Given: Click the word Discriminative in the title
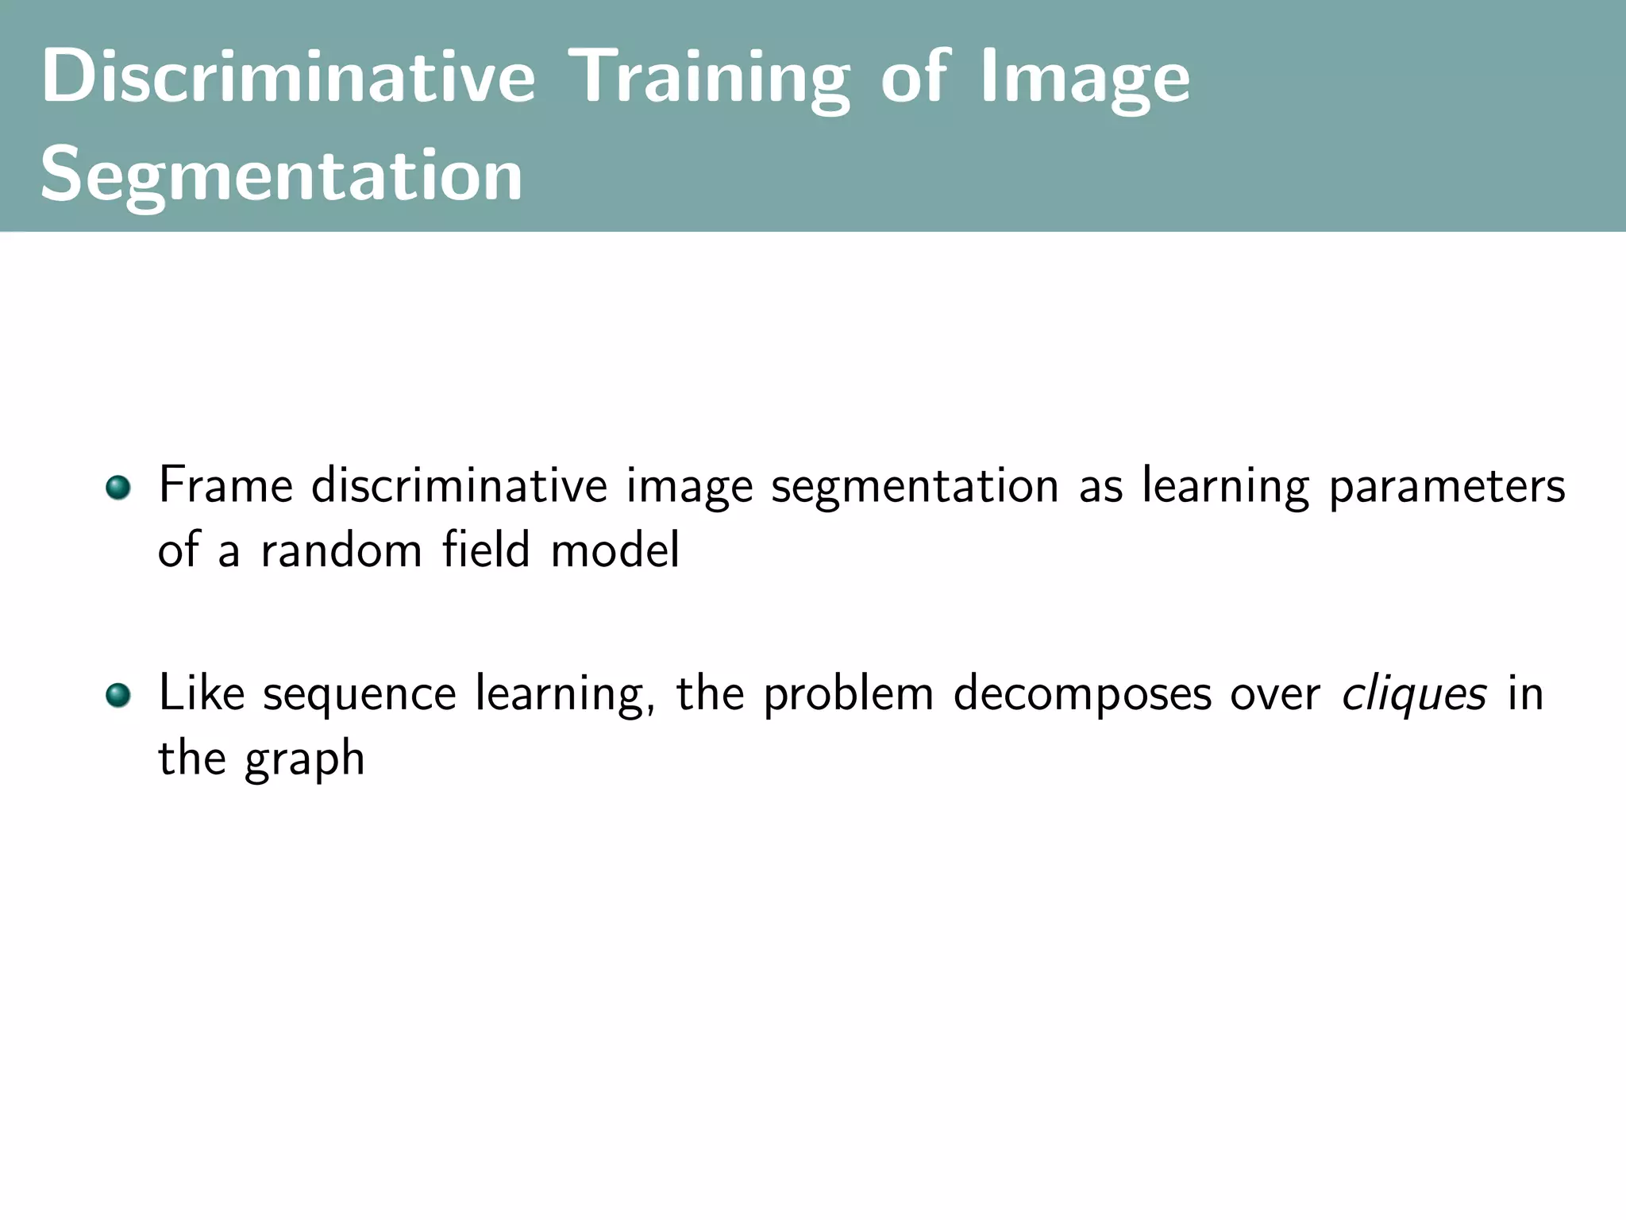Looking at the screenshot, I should [x=288, y=76].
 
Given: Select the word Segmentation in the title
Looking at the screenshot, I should [x=282, y=176].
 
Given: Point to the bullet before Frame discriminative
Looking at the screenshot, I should [x=118, y=487].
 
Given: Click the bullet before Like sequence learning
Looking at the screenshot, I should [x=118, y=695].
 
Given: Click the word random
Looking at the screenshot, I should [x=341, y=550].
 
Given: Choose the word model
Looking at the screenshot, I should [x=615, y=550].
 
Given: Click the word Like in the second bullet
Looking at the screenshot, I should [x=202, y=693].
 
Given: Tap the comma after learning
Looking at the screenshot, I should [x=650, y=709].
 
